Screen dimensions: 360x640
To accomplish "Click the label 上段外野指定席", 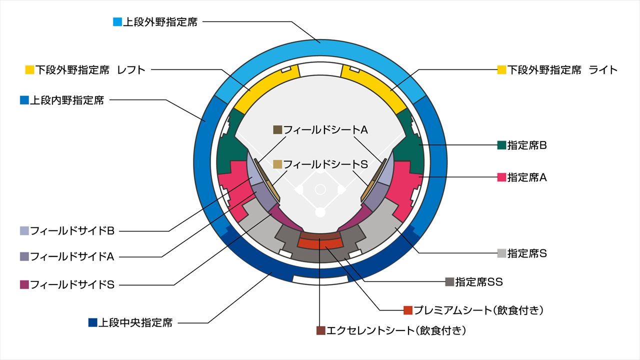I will [160, 22].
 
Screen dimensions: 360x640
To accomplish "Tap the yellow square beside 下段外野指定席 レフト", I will [29, 69].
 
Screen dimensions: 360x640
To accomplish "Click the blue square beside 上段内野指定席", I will [24, 100].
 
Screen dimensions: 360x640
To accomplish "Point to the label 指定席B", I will [527, 145].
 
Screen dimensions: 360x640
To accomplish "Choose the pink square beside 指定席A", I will [502, 177].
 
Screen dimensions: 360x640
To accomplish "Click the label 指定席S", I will [527, 253].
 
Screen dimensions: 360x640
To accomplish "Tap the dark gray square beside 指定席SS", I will [449, 282].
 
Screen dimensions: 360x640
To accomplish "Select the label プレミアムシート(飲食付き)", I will [478, 310].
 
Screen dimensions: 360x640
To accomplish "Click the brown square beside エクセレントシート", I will [321, 330].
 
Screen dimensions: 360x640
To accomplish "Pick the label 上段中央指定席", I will [135, 322].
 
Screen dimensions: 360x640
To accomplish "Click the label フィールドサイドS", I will [72, 285].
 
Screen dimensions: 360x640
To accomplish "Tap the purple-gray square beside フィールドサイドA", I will [24, 256].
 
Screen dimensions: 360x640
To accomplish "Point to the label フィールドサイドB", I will [72, 231].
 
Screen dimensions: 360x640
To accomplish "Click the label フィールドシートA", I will [325, 129].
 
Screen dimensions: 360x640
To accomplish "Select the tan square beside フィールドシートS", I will [277, 164].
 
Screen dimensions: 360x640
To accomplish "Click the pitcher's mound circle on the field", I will [320, 189].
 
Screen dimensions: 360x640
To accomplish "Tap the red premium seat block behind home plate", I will [320, 243].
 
